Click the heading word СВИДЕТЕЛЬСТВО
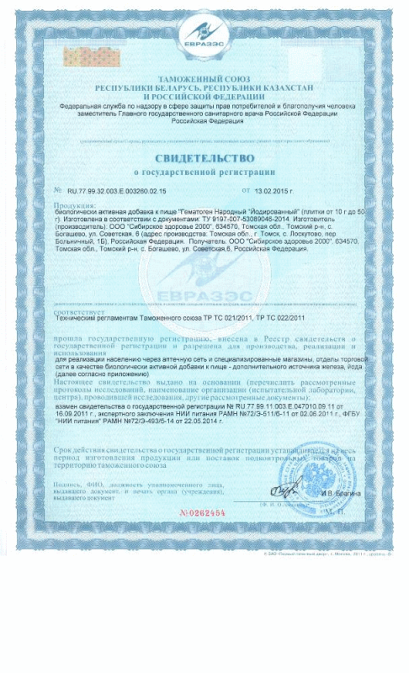point(204,159)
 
